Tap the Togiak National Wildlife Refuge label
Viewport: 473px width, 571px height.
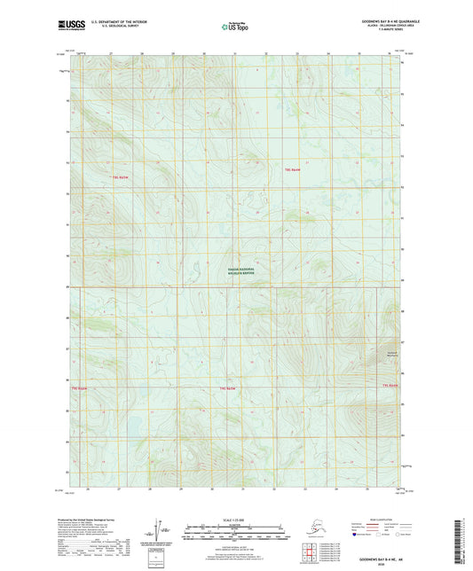[236, 274]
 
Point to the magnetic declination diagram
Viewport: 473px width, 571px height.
[160, 528]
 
